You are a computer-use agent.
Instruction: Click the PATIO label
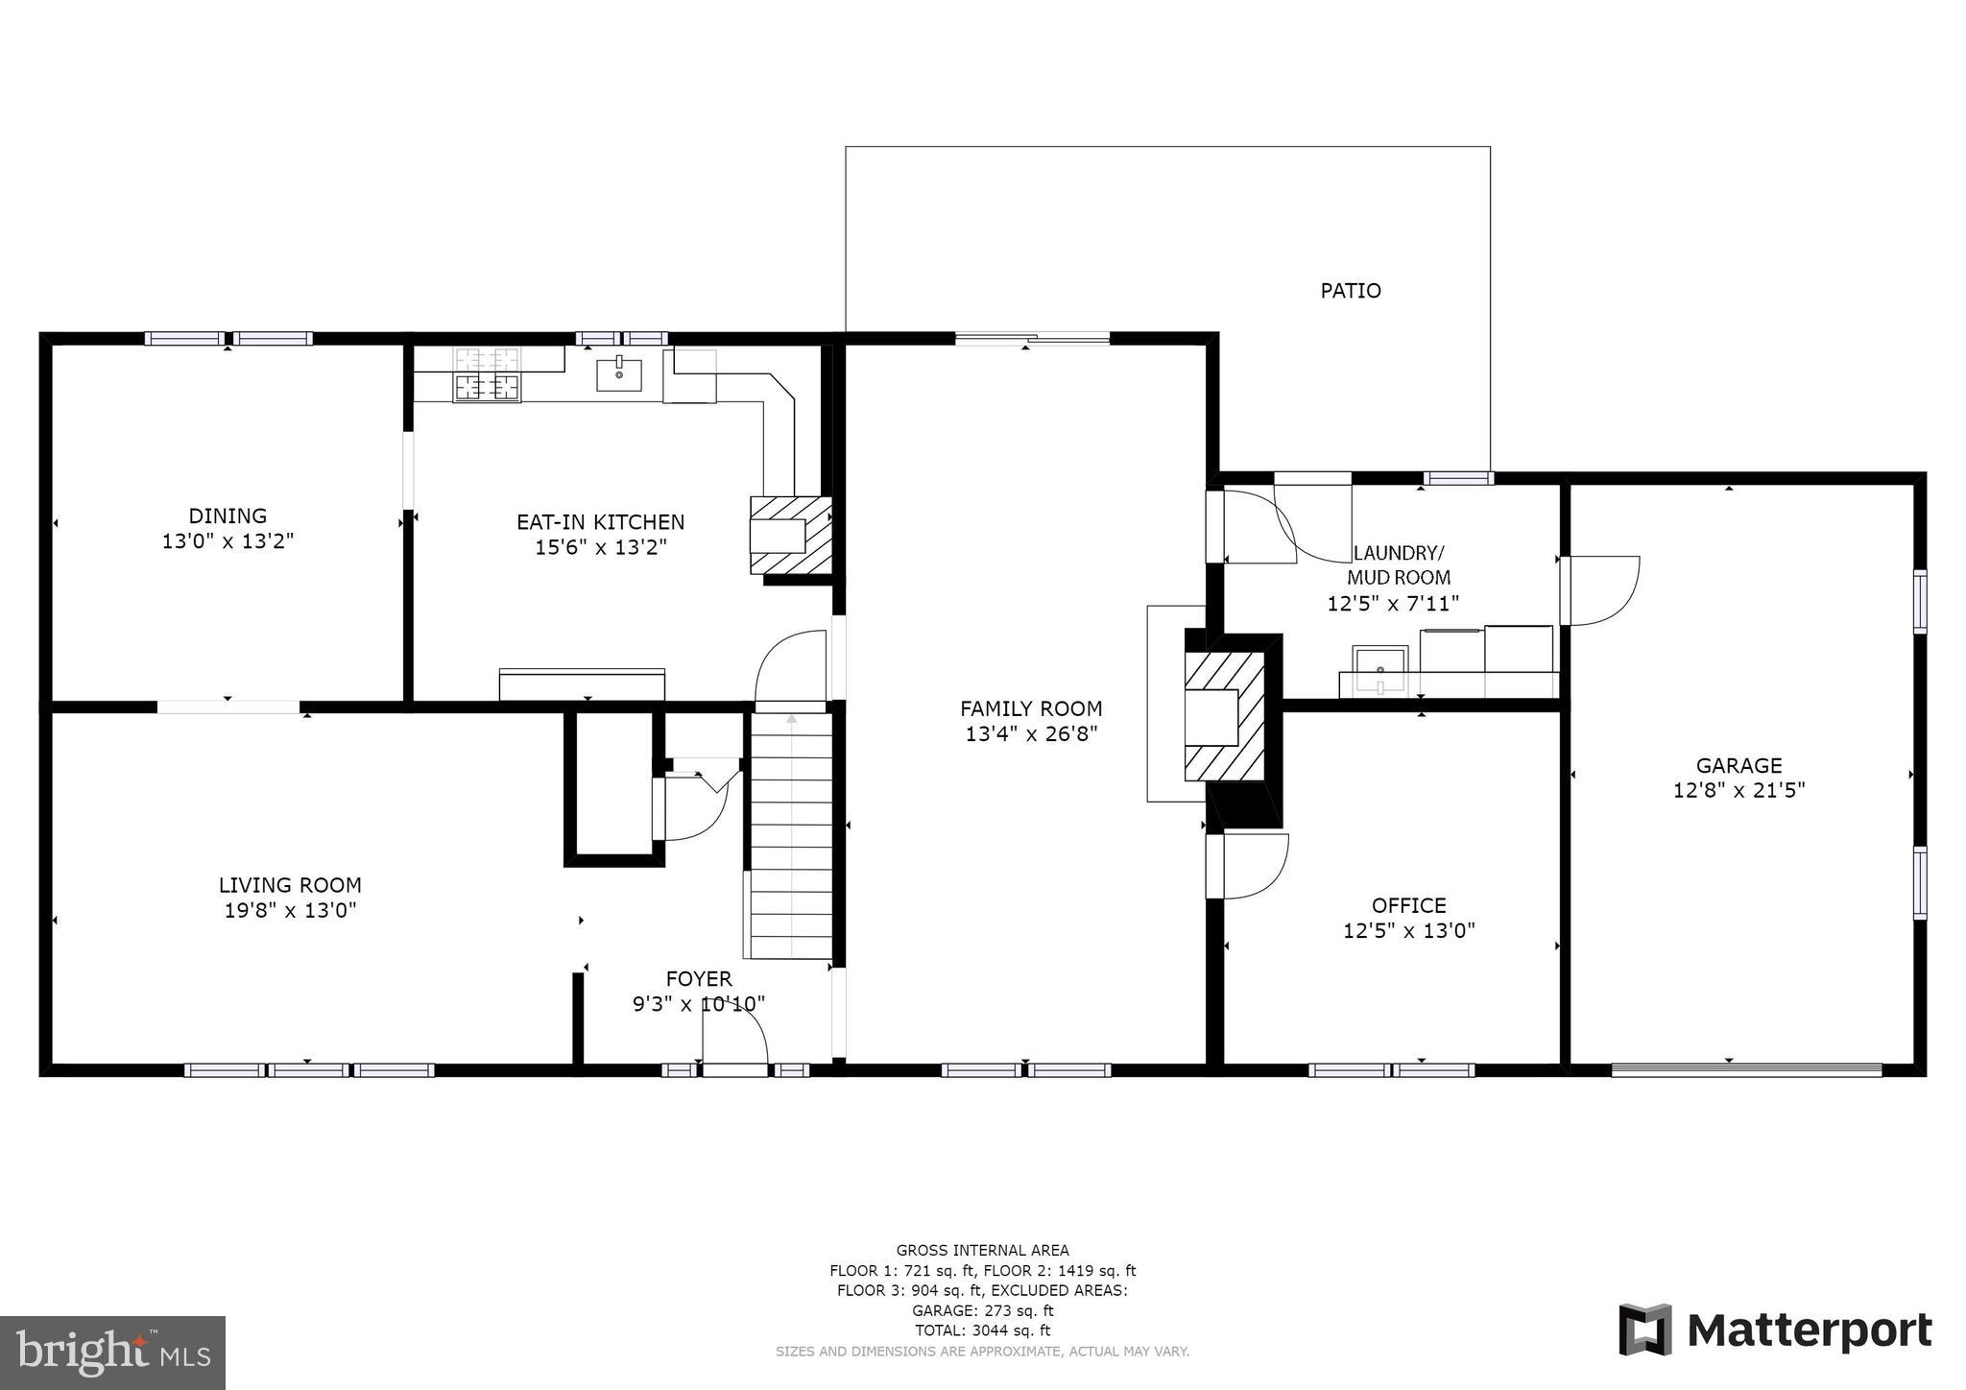1350,291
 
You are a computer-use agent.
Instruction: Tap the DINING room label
228,516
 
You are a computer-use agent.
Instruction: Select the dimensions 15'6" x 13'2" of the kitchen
600,547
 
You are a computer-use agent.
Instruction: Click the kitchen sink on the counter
619,373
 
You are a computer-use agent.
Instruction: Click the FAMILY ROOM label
1031,709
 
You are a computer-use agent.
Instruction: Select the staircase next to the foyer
791,835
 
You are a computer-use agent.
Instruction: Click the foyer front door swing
734,1037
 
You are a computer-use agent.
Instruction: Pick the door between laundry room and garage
1598,590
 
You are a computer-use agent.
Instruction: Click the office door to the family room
1248,866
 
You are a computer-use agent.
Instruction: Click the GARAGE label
1738,766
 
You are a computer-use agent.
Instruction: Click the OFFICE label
1408,905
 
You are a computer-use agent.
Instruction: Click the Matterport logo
1775,1330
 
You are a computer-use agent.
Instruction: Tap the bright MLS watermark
113,1353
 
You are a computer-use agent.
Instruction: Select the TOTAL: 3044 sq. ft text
982,1330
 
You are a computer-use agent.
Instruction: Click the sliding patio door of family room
1032,338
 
